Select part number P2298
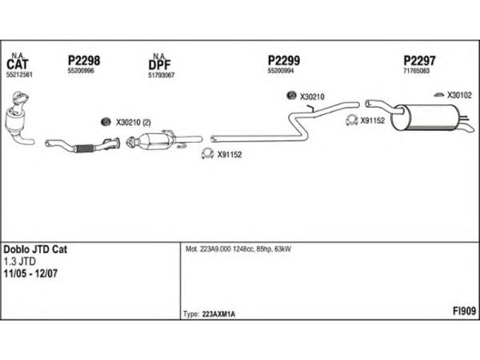[x=83, y=61]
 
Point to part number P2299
[x=283, y=61]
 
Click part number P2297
[x=419, y=61]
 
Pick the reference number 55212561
[x=19, y=74]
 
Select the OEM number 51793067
[x=161, y=75]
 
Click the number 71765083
[x=416, y=71]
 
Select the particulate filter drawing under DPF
[x=153, y=143]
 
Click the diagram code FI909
[x=464, y=311]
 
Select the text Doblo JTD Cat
[x=35, y=249]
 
